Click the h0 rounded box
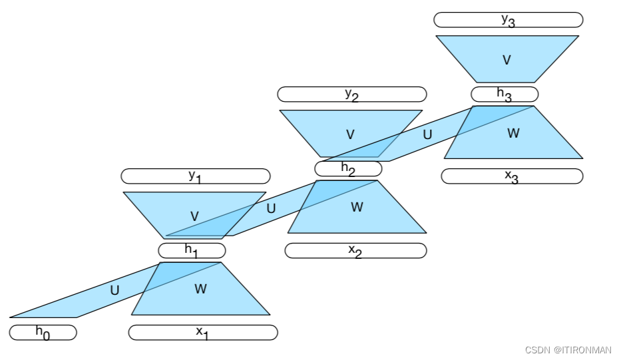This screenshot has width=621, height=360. pos(43,332)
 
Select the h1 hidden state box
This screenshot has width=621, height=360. pos(192,250)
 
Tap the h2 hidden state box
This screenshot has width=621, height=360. pos(348,168)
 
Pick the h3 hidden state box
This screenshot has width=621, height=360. pos(505,94)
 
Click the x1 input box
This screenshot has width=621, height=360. pos(203,332)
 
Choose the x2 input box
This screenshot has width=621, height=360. pos(355,250)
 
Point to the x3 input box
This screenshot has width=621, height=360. pos(512,176)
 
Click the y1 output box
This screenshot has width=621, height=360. pos(195,176)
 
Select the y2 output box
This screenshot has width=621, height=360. pos(351,94)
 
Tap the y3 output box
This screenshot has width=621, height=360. pos(508,19)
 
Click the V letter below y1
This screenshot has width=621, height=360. pos(194,216)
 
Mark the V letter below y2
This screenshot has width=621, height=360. pos(351,134)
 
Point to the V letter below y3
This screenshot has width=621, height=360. pos(507,60)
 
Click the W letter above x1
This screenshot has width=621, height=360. pos(200,289)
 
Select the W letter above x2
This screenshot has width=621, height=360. pos(357,207)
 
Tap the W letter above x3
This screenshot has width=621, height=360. pos(513,133)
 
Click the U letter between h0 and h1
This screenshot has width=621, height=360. pos(114,290)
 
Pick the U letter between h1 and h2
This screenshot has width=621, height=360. pos(271,208)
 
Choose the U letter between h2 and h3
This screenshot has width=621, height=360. pos(427,134)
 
